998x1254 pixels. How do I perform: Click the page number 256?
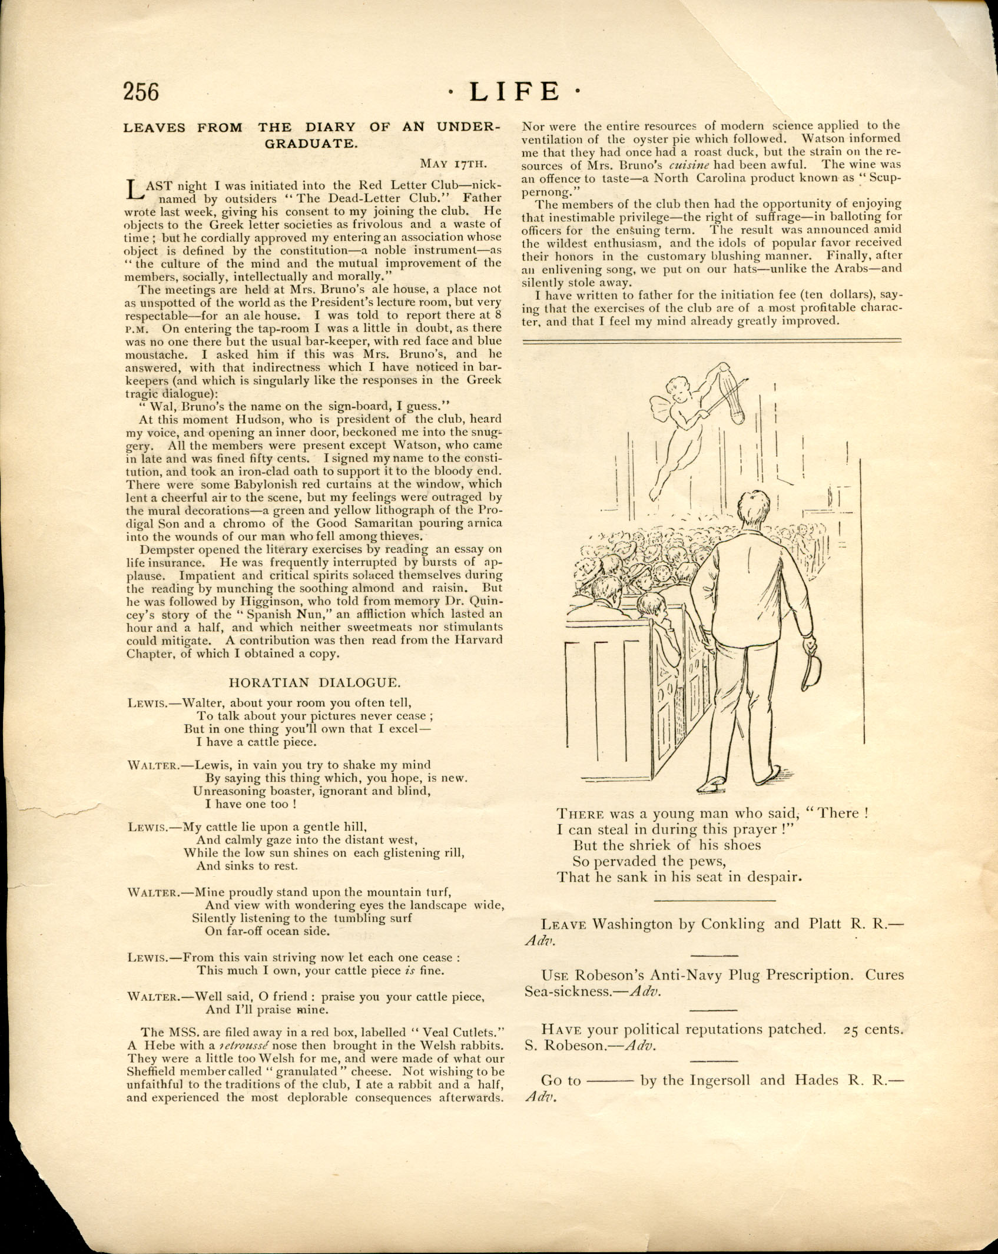pyautogui.click(x=141, y=92)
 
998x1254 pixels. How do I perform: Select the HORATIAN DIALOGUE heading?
pyautogui.click(x=314, y=682)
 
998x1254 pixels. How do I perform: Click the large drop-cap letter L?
pyautogui.click(x=135, y=190)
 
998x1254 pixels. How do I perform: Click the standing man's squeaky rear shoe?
pyautogui.click(x=711, y=784)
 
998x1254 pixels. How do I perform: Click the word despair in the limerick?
pyautogui.click(x=774, y=877)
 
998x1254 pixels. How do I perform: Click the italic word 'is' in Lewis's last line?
pyautogui.click(x=410, y=971)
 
